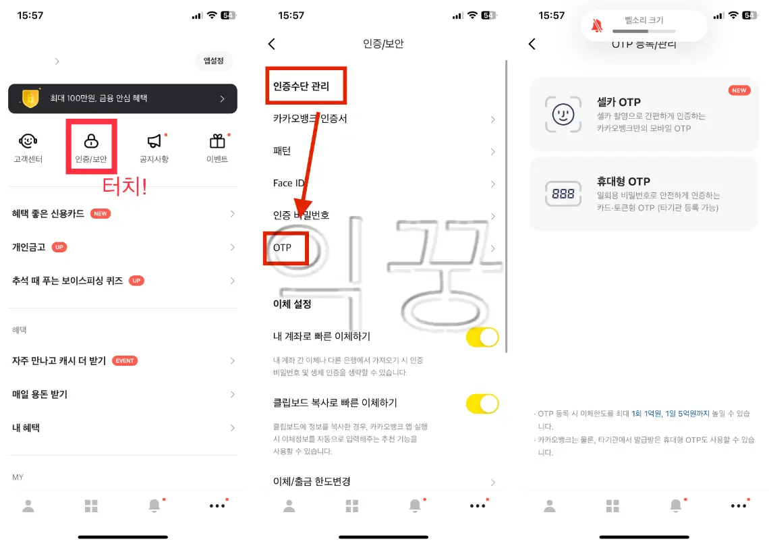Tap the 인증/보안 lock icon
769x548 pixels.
pyautogui.click(x=91, y=140)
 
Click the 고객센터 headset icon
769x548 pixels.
pyautogui.click(x=28, y=140)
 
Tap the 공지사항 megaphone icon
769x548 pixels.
pyautogui.click(x=154, y=140)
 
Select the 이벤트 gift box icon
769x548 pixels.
pyautogui.click(x=217, y=140)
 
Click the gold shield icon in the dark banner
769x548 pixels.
pyautogui.click(x=30, y=99)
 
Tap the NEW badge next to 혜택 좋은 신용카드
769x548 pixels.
pyautogui.click(x=101, y=213)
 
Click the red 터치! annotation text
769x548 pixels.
pyautogui.click(x=124, y=186)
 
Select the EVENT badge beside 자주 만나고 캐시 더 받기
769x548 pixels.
pyautogui.click(x=125, y=360)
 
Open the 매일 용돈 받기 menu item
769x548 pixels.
pyautogui.click(x=40, y=394)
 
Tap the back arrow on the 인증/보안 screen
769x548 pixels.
pyautogui.click(x=272, y=44)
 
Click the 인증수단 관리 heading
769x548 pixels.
pyautogui.click(x=301, y=86)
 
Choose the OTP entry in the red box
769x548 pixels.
pyautogui.click(x=283, y=248)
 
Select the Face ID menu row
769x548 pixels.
pyautogui.click(x=289, y=183)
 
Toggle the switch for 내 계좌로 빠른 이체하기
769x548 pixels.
pyautogui.click(x=482, y=337)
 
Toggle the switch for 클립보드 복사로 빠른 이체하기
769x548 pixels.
pyautogui.click(x=482, y=404)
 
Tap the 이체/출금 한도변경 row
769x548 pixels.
pyautogui.click(x=311, y=481)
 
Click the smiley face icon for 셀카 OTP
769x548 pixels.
pyautogui.click(x=563, y=113)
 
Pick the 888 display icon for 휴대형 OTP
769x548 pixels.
pyautogui.click(x=563, y=194)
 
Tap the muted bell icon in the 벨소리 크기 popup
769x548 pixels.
pyautogui.click(x=596, y=26)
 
